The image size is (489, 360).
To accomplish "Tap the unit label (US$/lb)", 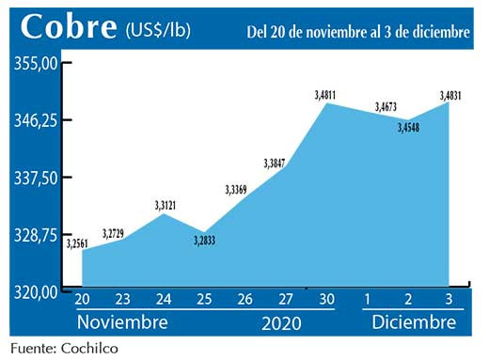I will point(158,31).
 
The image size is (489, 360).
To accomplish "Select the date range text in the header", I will point(357,31).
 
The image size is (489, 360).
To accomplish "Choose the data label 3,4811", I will point(327,94).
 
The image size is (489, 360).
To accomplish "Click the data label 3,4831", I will point(450,94).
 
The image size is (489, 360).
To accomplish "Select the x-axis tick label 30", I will point(325,301).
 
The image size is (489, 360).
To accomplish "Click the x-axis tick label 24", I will point(164,301).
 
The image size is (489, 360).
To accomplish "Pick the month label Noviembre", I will point(122,322).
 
